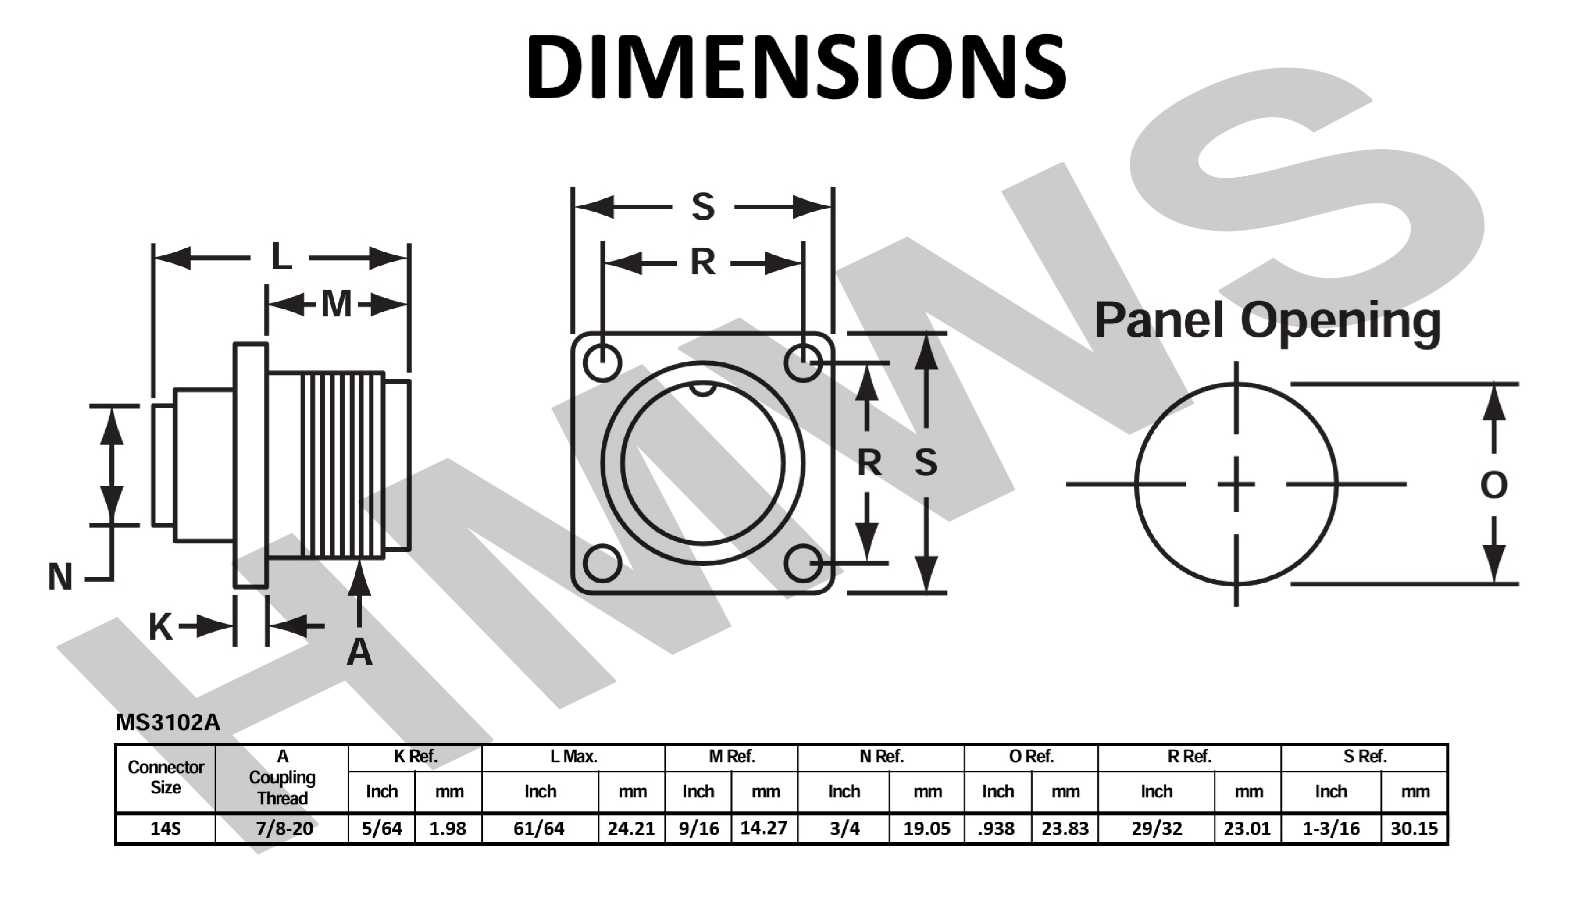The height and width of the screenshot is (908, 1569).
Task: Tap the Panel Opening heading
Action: (x=1268, y=321)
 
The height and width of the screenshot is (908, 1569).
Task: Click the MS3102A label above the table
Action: (x=168, y=722)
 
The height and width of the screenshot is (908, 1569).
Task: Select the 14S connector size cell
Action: (x=165, y=829)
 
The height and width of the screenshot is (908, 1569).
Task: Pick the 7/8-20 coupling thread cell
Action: (x=284, y=829)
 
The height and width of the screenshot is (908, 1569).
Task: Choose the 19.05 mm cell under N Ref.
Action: (x=927, y=829)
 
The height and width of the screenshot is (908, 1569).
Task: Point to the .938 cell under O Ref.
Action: (x=996, y=829)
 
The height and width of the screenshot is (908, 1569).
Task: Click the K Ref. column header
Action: (x=415, y=757)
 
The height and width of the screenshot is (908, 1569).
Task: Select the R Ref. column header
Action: (x=1189, y=757)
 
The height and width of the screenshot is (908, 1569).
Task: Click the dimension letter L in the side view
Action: (x=281, y=257)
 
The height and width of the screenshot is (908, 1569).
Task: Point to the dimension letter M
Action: (x=336, y=304)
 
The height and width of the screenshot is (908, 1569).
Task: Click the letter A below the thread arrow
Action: (x=359, y=653)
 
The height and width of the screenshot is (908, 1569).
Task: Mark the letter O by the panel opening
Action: (x=1493, y=485)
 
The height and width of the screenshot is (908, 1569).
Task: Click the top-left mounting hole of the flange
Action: (x=602, y=362)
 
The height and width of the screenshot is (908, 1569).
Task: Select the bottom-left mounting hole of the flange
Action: (x=602, y=563)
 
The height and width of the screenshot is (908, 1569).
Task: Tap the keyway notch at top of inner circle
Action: (x=703, y=388)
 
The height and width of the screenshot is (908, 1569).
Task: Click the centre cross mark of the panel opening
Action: (x=1236, y=484)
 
